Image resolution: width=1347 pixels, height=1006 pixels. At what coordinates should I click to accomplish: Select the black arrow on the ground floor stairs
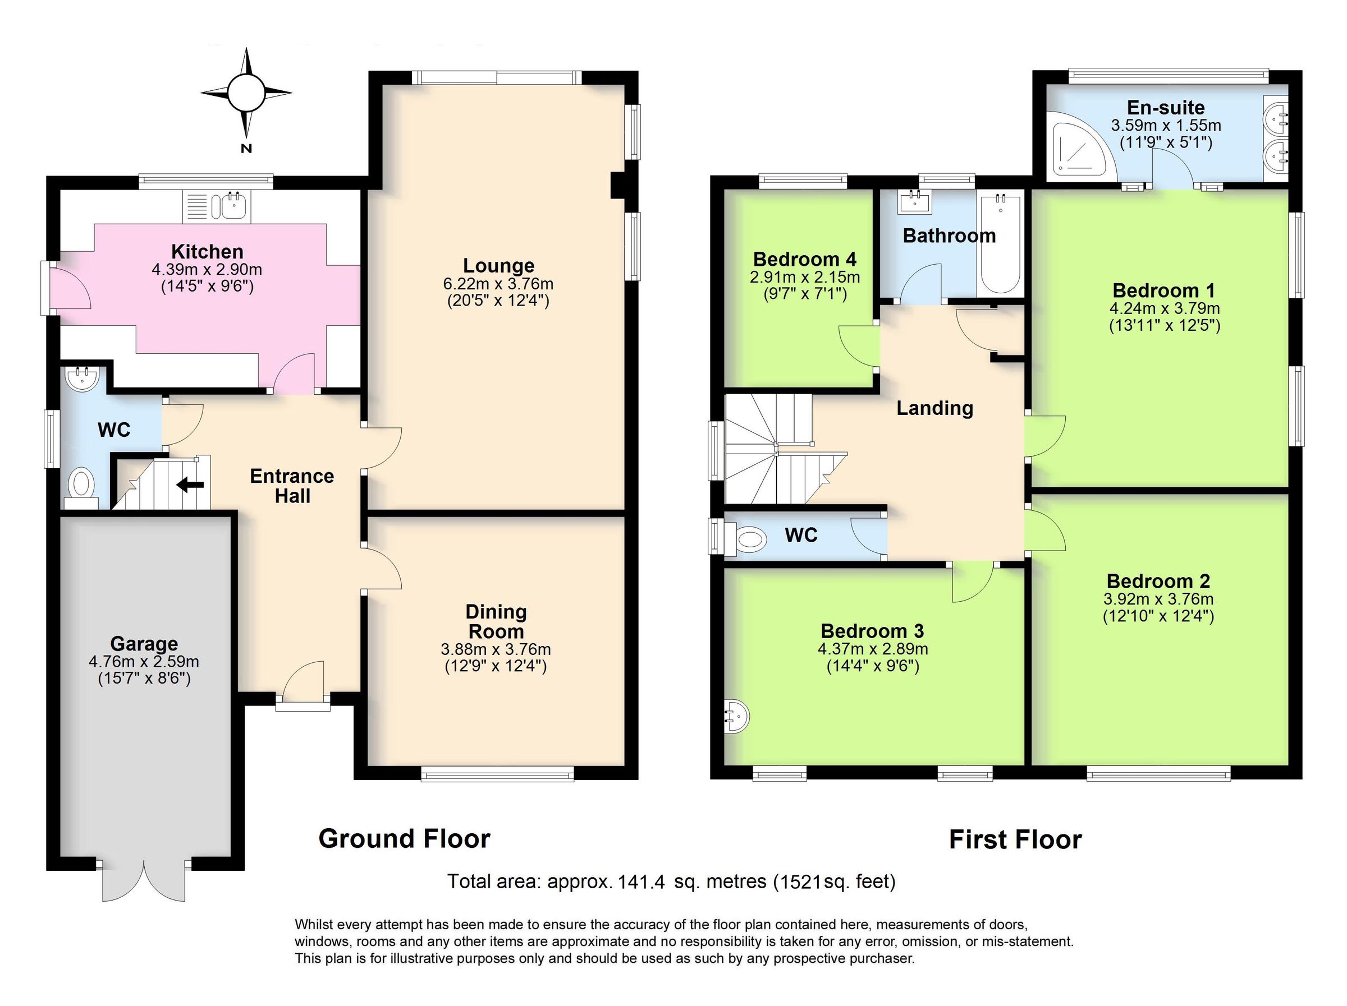coord(191,485)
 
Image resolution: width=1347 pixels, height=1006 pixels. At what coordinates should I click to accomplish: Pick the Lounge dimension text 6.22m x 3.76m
coord(498,284)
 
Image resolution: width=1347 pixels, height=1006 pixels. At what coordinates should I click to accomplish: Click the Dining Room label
coord(496,621)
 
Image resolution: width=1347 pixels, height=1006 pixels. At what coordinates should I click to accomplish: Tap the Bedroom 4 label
coord(804,259)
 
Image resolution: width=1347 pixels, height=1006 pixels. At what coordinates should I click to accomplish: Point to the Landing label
coord(934,408)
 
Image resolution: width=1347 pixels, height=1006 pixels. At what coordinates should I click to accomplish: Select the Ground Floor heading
coord(404,839)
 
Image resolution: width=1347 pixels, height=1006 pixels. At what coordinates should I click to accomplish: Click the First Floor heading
coord(1015,840)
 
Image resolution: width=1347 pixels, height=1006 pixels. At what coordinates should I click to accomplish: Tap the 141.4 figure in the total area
coord(641,882)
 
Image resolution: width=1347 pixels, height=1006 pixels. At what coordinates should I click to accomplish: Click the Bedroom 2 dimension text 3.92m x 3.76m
coord(1158,599)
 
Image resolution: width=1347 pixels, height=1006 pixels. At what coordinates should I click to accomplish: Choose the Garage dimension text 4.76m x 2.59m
coord(144,662)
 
